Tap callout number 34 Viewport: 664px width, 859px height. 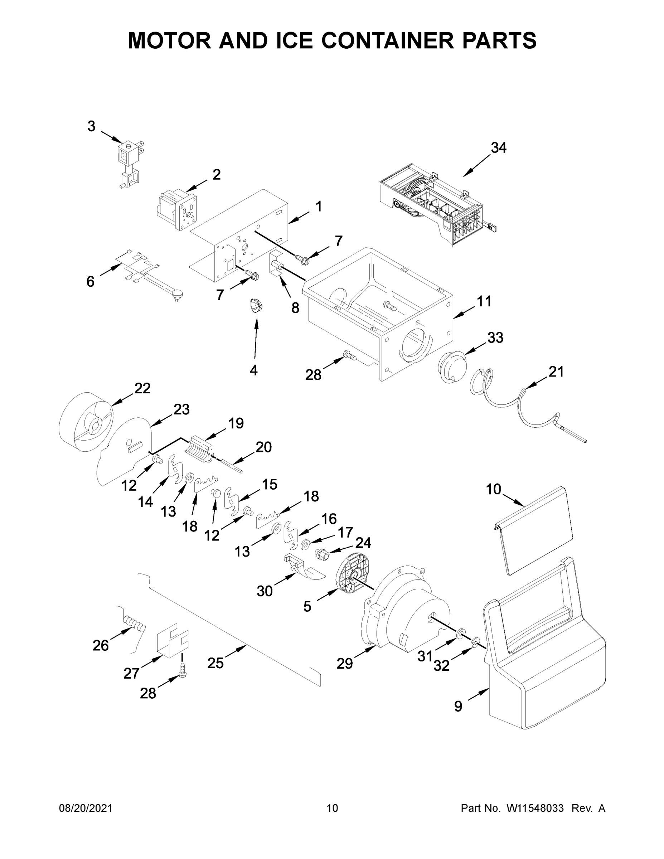pos(498,147)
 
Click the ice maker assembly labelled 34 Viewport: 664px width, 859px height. pos(433,204)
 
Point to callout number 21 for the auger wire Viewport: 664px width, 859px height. pos(556,371)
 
